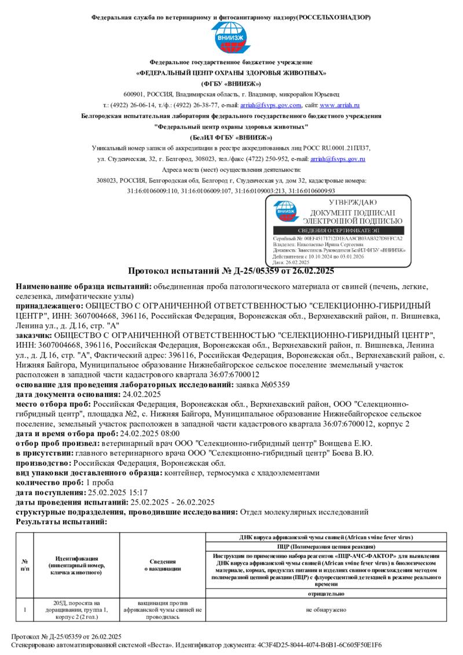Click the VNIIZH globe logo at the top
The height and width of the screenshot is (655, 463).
click(x=231, y=38)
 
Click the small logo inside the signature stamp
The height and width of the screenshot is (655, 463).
click(x=286, y=211)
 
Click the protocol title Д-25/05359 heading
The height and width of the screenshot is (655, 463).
click(x=230, y=271)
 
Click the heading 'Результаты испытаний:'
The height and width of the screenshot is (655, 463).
click(x=61, y=521)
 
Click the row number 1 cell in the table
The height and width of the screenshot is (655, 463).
click(x=25, y=610)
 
